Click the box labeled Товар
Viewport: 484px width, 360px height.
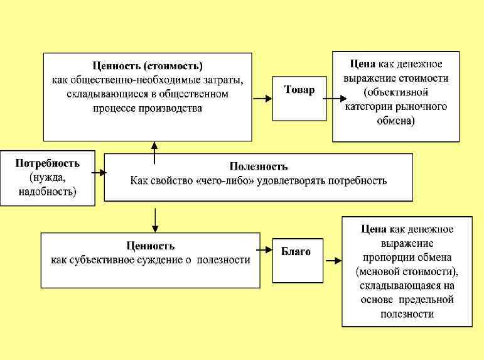coord(299,98)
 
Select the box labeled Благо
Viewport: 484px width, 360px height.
coord(299,259)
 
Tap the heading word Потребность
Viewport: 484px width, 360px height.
coord(48,163)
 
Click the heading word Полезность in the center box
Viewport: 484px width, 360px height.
coord(259,166)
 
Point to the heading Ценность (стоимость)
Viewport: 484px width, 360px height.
coord(148,65)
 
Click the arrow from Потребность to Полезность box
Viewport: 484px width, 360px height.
coord(99,172)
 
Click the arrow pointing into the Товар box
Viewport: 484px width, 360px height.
coord(262,98)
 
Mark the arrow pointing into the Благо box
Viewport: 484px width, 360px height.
coord(265,259)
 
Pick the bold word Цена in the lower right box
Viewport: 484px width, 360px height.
coord(374,229)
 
